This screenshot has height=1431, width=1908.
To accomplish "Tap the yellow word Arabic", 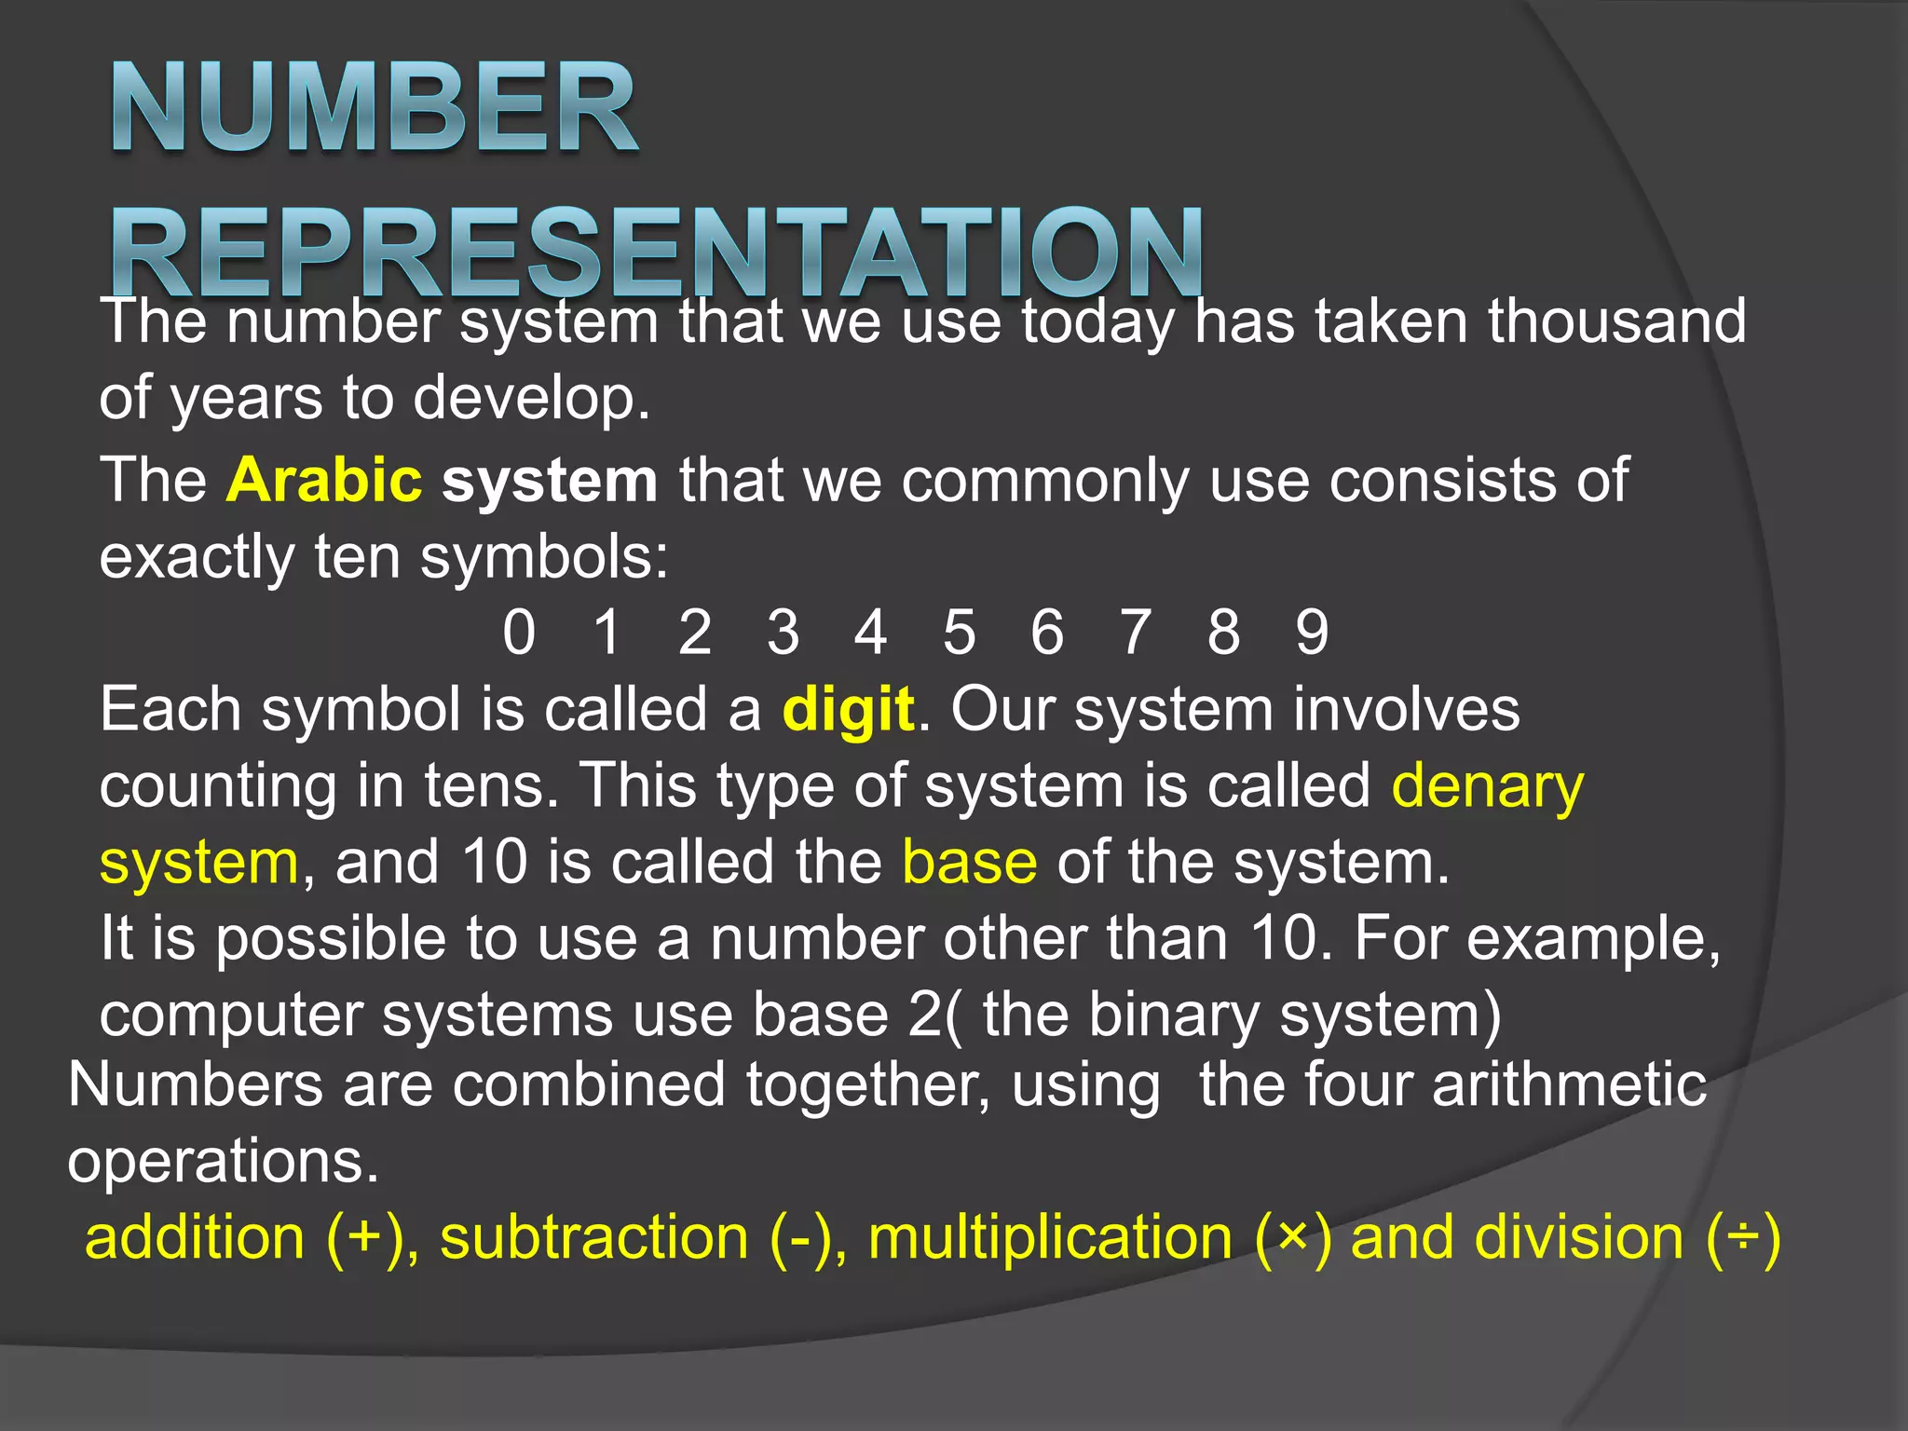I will [x=324, y=481].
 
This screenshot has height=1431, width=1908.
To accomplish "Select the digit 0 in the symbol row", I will [x=519, y=633].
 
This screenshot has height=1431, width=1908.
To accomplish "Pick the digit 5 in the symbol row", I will [x=959, y=633].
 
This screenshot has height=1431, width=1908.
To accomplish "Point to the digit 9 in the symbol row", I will [x=1312, y=633].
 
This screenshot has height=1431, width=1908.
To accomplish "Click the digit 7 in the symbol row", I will [x=1136, y=633].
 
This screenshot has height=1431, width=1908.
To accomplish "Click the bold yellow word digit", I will [x=849, y=711].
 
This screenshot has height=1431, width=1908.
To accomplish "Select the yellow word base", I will [x=969, y=863].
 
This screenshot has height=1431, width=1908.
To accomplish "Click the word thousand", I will [x=1616, y=321].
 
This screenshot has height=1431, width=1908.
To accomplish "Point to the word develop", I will [x=530, y=399].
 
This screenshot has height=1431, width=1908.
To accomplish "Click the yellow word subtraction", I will [x=594, y=1239].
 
